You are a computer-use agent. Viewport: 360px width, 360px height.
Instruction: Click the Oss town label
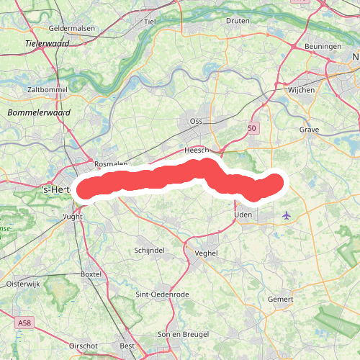click(x=196, y=121)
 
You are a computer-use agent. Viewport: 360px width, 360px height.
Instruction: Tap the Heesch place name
click(x=196, y=150)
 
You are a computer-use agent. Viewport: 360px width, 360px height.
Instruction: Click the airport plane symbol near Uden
click(x=287, y=215)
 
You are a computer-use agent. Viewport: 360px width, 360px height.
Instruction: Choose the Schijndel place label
click(x=150, y=249)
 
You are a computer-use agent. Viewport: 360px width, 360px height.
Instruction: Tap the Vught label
click(x=73, y=215)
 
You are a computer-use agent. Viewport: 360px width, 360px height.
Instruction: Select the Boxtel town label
click(x=91, y=274)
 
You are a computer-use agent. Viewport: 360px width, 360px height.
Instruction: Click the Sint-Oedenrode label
click(x=162, y=295)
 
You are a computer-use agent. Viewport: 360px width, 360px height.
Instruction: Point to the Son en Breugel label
click(x=183, y=335)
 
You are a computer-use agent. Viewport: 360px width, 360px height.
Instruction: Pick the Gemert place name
click(x=281, y=299)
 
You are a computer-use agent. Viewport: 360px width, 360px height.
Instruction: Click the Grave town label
click(x=308, y=130)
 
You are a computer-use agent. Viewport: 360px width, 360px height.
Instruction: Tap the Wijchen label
click(x=301, y=91)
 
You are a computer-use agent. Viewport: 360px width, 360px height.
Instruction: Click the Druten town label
click(x=238, y=21)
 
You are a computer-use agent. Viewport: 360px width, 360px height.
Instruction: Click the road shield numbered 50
click(x=251, y=127)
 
